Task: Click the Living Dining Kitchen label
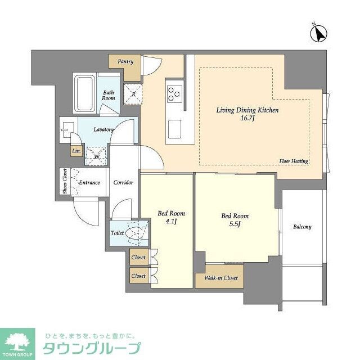click(x=247, y=110)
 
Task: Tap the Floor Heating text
click(x=293, y=161)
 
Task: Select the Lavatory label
click(x=103, y=129)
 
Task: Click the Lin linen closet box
click(x=75, y=151)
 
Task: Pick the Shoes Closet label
click(x=65, y=182)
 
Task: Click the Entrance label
click(x=89, y=182)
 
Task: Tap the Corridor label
click(x=123, y=182)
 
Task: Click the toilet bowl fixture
click(x=136, y=233)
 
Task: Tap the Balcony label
click(x=301, y=227)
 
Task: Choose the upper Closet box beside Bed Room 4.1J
click(x=138, y=258)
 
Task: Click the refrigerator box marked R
click(x=133, y=93)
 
